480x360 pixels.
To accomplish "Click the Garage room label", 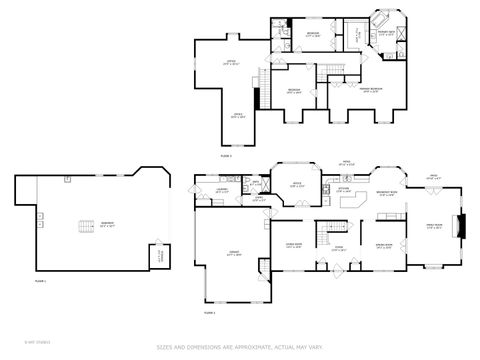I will pos(232,255).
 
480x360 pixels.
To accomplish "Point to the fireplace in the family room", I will pos(462,226).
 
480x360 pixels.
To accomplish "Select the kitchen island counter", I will pos(351,202).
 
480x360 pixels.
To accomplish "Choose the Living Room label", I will pos(383,244).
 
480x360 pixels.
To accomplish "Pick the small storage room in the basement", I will pos(157,256).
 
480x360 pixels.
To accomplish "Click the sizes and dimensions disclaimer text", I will pos(240,347).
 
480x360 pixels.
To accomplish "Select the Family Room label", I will pos(435,226).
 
